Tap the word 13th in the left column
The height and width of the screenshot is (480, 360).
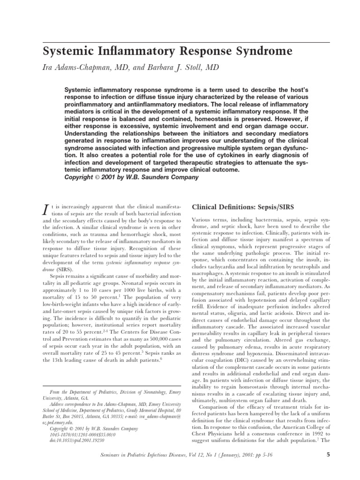pos(62,360)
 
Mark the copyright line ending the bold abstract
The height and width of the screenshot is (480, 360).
pos(131,177)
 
